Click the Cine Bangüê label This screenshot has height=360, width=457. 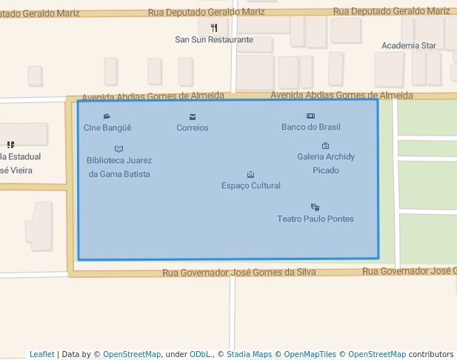coord(107,127)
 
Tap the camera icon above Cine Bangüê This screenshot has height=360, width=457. coord(107,116)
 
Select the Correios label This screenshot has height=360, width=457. coord(193,127)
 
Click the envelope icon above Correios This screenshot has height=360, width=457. coord(193,116)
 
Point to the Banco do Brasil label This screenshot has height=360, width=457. coord(311,127)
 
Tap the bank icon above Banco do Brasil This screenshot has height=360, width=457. coord(311,116)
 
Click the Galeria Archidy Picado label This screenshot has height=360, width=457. coord(326,163)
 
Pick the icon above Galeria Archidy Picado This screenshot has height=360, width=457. coord(326,145)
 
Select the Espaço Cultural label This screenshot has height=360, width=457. coord(251,185)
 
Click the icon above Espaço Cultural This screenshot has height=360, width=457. coord(251,174)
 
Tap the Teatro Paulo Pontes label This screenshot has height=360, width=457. coord(316,219)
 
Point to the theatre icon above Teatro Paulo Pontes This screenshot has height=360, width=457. coord(316,207)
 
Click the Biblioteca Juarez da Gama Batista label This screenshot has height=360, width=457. coord(119,167)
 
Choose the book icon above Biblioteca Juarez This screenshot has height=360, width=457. coord(119,149)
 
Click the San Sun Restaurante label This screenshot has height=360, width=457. coord(214,39)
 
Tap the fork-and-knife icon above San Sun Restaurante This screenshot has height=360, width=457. coord(214,28)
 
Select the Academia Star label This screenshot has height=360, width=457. coord(409,45)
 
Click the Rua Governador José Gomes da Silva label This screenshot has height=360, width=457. coord(239,272)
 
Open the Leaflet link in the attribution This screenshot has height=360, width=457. coord(42,354)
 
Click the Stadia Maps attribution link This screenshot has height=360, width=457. coord(249,354)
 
